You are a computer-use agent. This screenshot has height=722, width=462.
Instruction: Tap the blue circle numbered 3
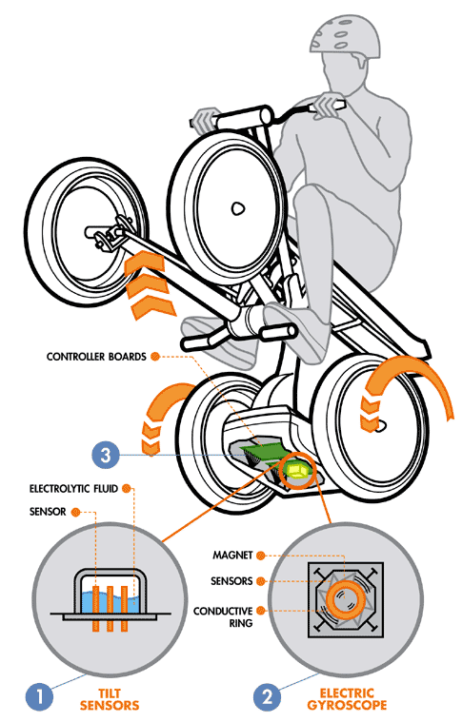(x=106, y=455)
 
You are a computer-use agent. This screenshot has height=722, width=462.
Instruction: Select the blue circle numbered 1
(x=40, y=696)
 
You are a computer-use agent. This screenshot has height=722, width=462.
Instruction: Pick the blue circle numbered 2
(x=268, y=696)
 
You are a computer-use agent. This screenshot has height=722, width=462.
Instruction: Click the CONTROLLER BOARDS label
(x=96, y=357)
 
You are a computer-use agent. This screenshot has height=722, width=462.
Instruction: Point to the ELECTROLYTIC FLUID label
(x=73, y=488)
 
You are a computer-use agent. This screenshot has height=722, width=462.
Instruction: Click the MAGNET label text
(x=232, y=556)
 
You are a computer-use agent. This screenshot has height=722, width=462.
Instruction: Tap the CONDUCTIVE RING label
(x=223, y=617)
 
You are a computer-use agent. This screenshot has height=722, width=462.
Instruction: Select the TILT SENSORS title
(x=110, y=699)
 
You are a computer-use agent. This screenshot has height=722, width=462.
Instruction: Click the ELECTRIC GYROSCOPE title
(x=347, y=699)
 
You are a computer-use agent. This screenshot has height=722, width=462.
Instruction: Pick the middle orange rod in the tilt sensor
(x=110, y=608)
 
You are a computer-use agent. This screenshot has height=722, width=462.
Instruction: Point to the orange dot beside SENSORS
(x=261, y=581)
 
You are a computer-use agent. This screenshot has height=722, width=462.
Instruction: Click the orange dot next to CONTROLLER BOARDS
(x=155, y=357)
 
